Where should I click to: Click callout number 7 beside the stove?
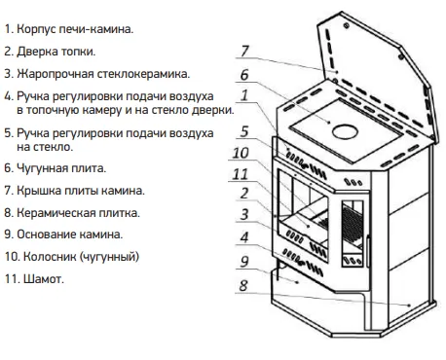[244, 51]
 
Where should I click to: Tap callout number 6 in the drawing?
[244, 75]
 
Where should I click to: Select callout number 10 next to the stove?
[241, 153]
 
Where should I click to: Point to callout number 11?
[240, 174]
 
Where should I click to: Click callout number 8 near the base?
[243, 286]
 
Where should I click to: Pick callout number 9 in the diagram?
[244, 262]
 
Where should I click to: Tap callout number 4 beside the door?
[244, 237]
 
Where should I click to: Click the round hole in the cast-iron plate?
[345, 132]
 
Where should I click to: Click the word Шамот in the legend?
[43, 279]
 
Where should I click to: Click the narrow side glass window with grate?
[353, 234]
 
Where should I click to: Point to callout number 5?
[244, 131]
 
